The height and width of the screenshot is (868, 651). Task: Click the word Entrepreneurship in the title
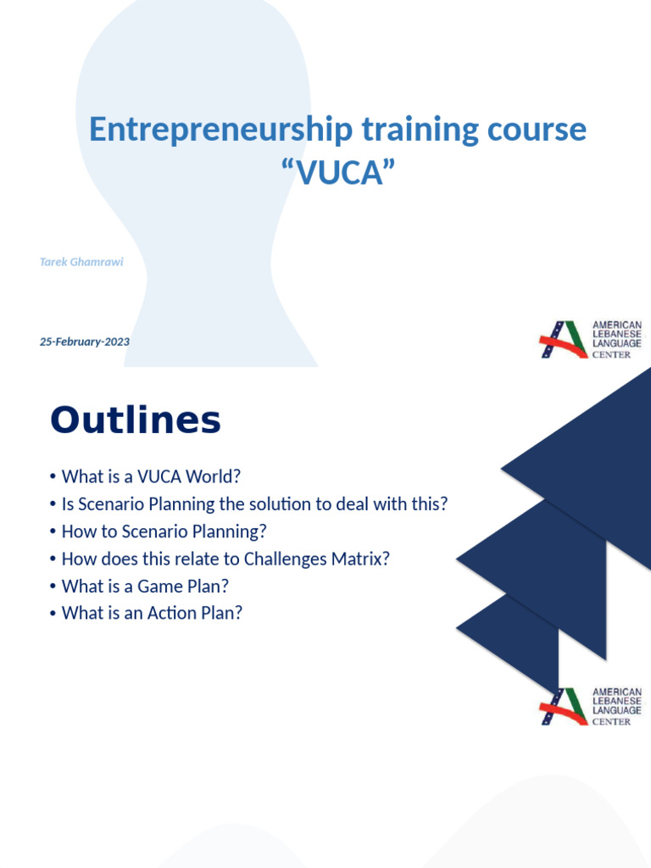[221, 130]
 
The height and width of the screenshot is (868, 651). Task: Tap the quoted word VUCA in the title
[338, 173]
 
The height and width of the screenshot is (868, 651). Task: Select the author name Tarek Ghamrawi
[81, 262]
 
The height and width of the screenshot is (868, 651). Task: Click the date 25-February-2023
[85, 342]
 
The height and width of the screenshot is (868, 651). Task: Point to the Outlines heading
[136, 420]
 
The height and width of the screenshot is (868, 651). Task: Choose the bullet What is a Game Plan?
[145, 586]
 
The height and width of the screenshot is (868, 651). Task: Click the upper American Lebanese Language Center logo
[591, 339]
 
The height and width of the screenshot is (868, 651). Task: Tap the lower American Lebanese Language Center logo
[591, 706]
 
